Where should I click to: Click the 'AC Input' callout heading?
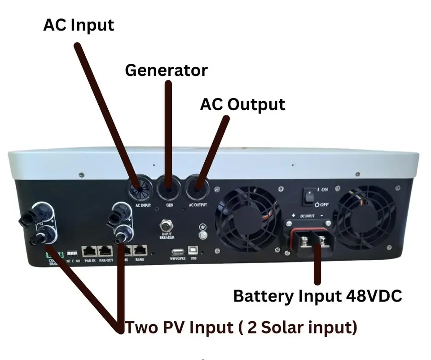coord(79,25)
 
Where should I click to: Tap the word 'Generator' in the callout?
coord(166,70)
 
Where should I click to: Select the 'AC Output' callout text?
coord(242,104)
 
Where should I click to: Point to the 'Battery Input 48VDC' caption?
coord(317,296)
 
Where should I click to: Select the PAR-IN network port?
coord(88,250)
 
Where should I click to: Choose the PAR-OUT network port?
coord(106,250)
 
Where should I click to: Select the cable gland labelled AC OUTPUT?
coord(197,190)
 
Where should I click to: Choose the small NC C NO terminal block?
coord(71,253)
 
